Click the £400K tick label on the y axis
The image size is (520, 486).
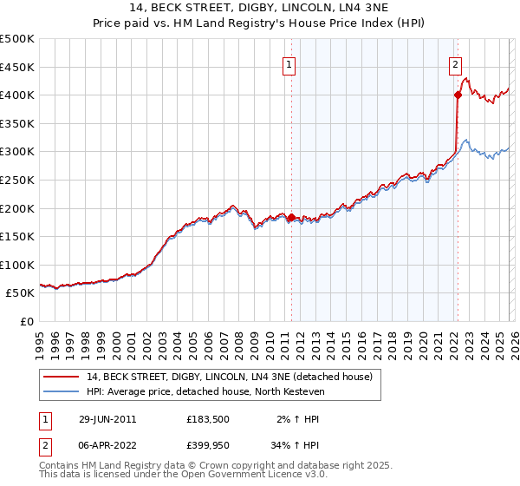point(16,95)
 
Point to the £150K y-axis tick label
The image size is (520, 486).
point(16,236)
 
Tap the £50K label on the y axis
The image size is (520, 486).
point(20,293)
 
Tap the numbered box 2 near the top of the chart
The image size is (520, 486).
point(455,63)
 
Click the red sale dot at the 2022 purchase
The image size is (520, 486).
point(457,95)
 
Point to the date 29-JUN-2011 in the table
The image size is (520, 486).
point(107,418)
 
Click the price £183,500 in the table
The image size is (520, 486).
point(207,418)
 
